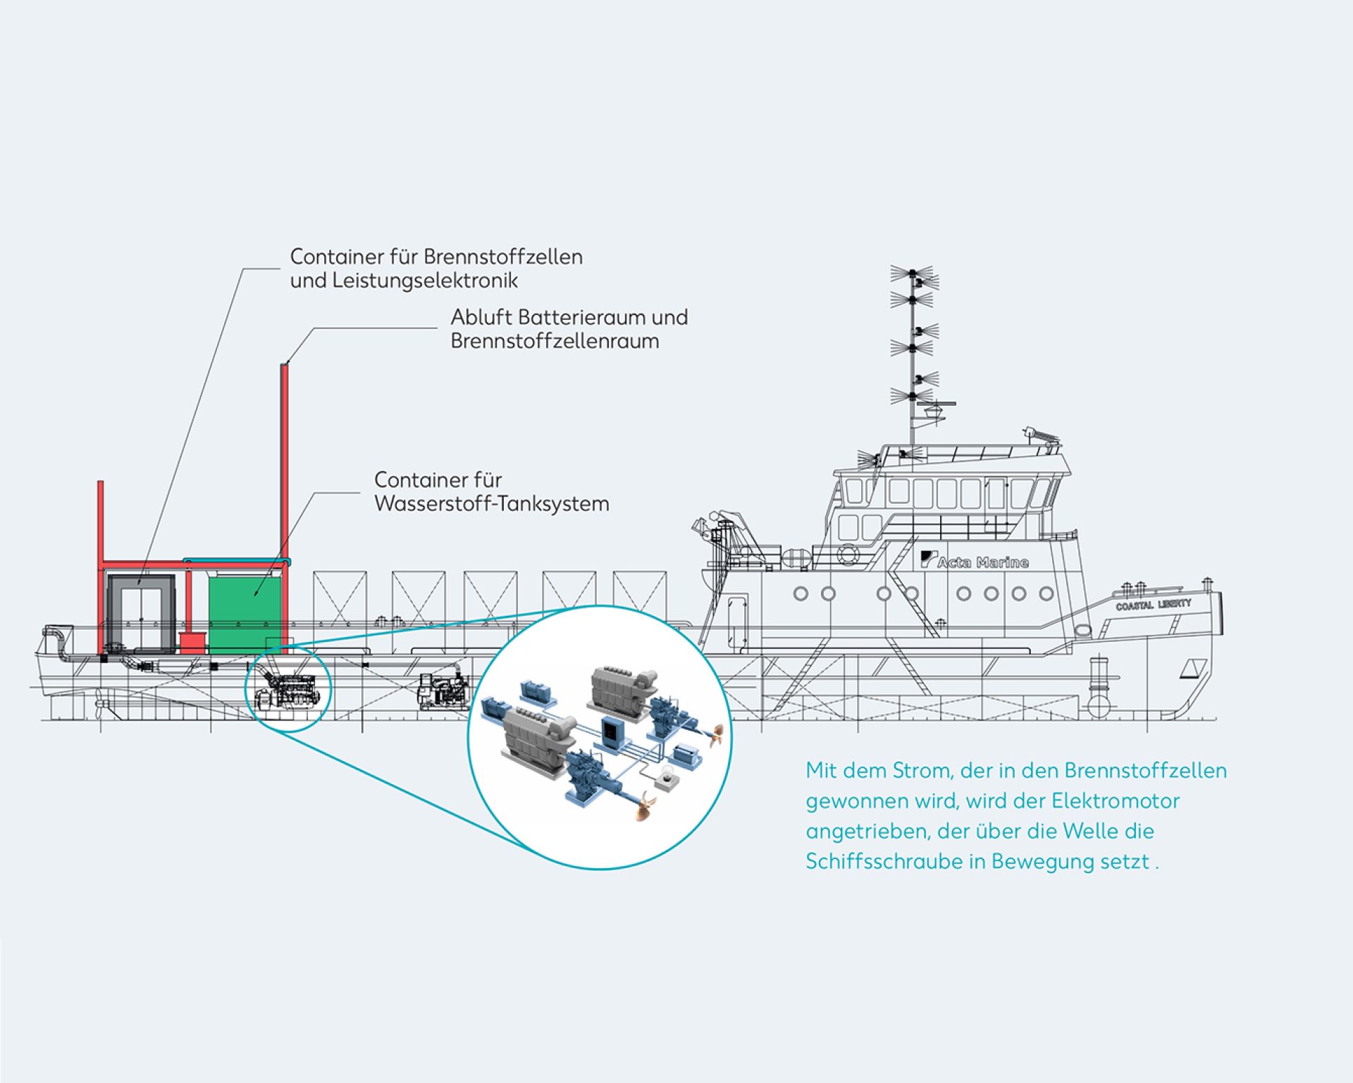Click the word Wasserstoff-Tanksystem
[x=492, y=505]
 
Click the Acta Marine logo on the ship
[x=975, y=561]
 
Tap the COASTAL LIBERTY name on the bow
[x=1154, y=605]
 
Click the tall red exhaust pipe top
[x=285, y=367]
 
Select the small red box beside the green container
[x=192, y=641]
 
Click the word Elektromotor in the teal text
[x=1116, y=801]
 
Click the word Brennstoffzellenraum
[x=555, y=342]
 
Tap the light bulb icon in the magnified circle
[x=664, y=779]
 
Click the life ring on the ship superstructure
[x=848, y=555]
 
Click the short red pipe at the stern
[x=101, y=518]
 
